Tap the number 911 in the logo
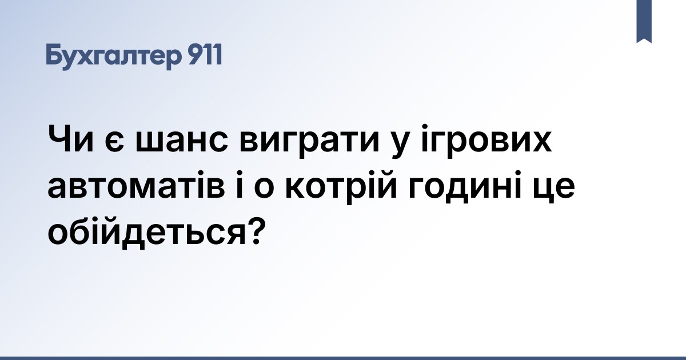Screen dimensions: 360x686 pyautogui.click(x=204, y=55)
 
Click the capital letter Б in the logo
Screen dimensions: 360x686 pyautogui.click(x=54, y=55)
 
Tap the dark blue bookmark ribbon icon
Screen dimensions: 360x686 pyautogui.click(x=644, y=21)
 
